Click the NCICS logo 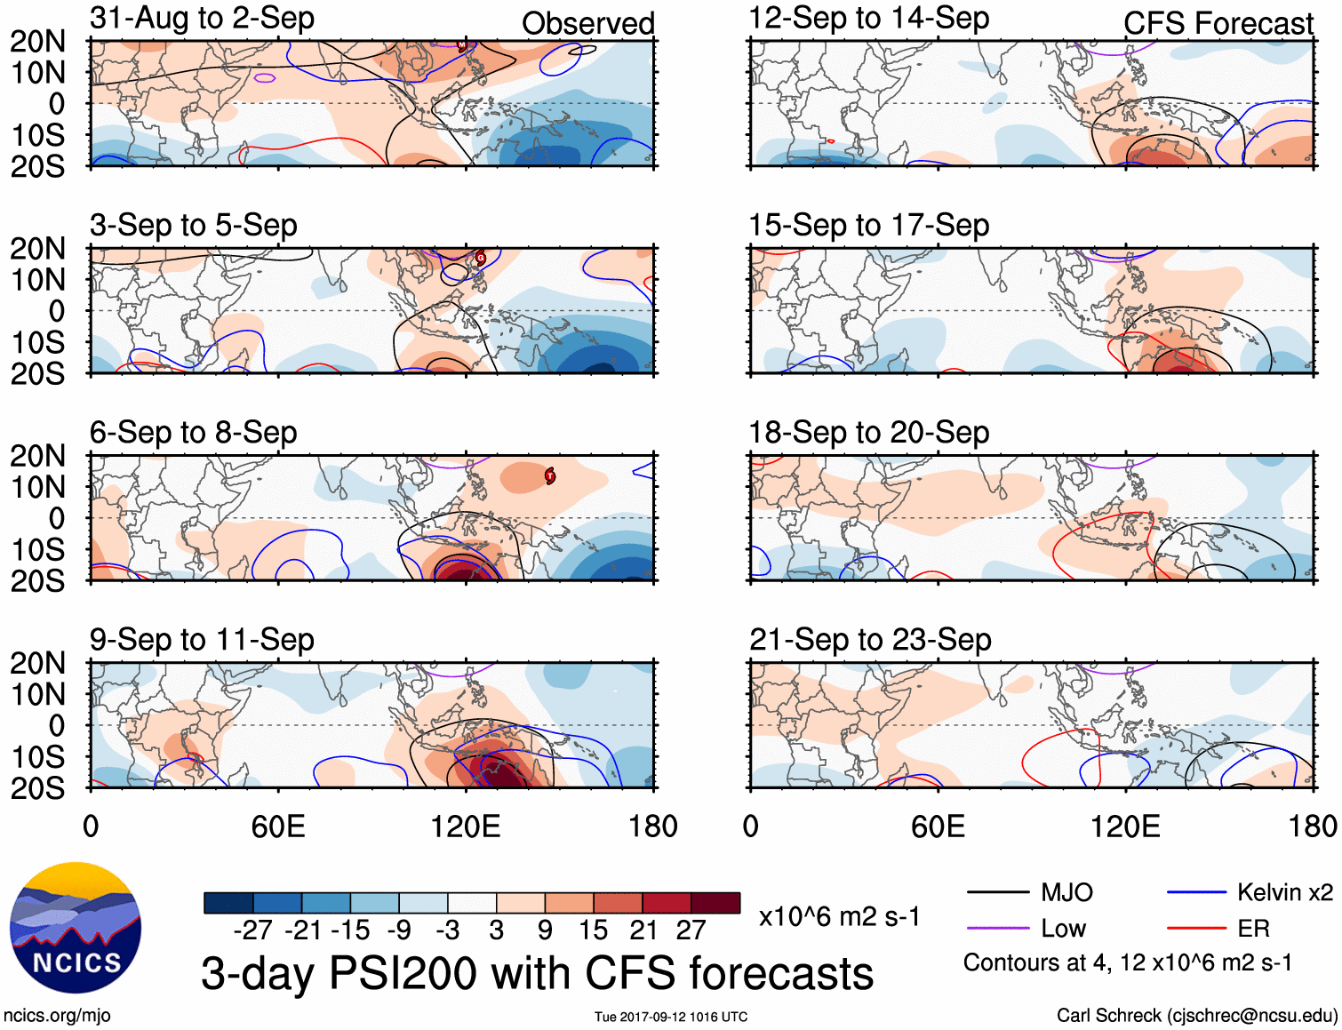(75, 928)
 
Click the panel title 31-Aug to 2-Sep (202, 18)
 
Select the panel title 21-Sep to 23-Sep (869, 640)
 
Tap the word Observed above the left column (587, 23)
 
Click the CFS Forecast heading (1218, 23)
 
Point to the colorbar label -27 (252, 930)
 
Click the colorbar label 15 (593, 930)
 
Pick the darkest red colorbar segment (715, 903)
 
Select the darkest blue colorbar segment (228, 903)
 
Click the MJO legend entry (1066, 892)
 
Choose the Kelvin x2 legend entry (1284, 892)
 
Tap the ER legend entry (1253, 929)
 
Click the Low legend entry (1063, 929)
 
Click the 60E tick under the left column (278, 826)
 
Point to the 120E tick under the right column (1125, 826)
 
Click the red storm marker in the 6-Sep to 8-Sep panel (550, 476)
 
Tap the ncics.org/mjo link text (57, 1015)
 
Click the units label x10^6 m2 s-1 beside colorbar (839, 916)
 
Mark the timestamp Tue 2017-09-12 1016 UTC (671, 1017)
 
